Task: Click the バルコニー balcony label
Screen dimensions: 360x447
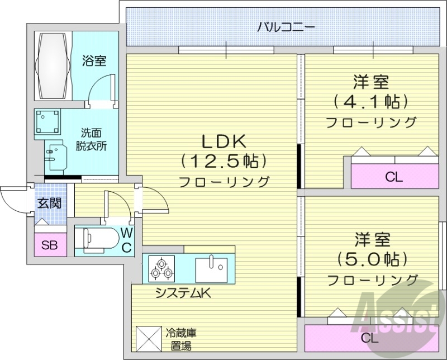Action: [286, 26]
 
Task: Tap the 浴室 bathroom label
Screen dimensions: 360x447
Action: [94, 60]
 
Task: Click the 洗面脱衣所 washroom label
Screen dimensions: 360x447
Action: [92, 140]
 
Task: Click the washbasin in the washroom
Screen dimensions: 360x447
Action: [56, 158]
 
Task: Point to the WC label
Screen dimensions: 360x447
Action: [127, 239]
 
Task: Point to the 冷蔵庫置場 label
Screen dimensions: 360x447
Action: [180, 337]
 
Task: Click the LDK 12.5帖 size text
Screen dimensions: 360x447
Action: [224, 161]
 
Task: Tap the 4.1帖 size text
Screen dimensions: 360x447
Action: [371, 102]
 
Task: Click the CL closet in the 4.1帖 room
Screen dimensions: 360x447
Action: [394, 178]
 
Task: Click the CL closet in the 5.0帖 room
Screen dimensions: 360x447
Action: [369, 338]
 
